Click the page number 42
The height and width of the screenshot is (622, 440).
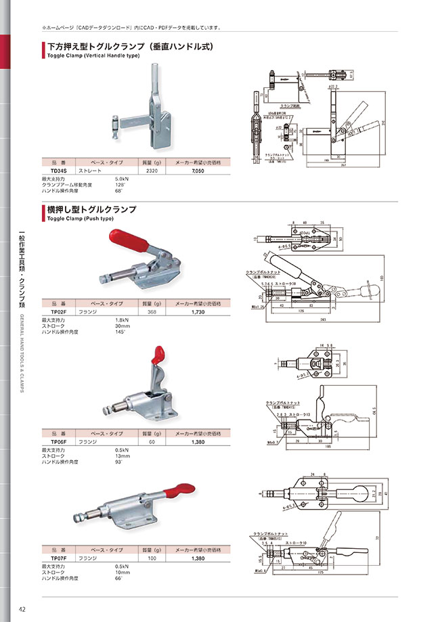coord(22,609)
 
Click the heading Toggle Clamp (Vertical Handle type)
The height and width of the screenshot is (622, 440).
coord(93,55)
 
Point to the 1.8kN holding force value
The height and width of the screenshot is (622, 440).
coord(123,319)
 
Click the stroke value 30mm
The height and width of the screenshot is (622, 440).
coord(123,326)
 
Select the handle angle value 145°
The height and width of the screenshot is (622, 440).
coord(121,332)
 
